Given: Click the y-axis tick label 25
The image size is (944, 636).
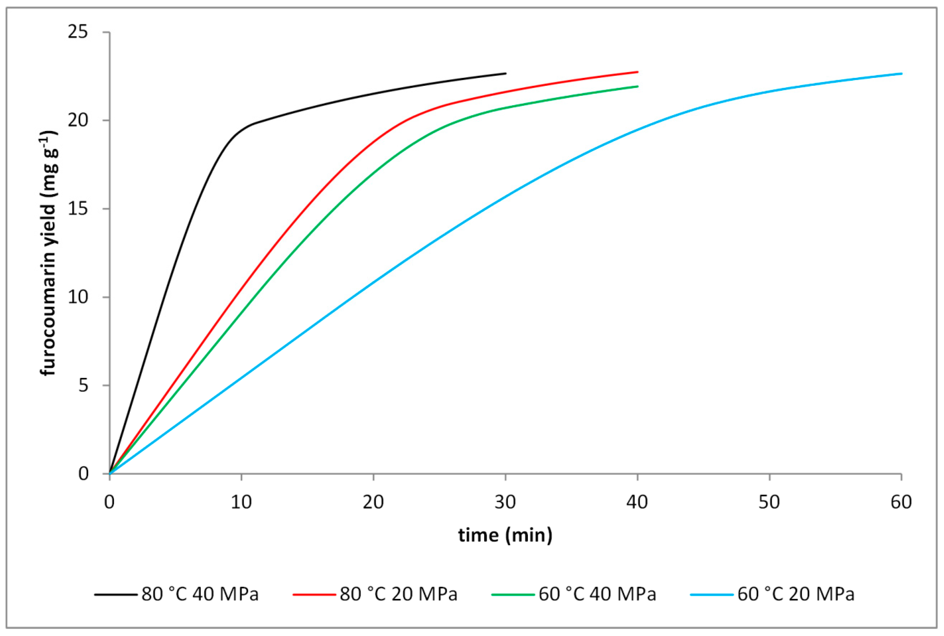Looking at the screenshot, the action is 78,32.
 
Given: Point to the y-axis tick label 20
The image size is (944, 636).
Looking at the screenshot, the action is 78,121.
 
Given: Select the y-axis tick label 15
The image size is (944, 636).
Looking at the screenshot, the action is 78,209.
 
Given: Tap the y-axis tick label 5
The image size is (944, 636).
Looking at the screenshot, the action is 83,385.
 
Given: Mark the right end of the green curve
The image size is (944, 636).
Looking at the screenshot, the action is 638,86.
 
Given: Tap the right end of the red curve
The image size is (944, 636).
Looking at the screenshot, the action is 638,72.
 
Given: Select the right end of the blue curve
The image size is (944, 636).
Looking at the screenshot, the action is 901,73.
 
